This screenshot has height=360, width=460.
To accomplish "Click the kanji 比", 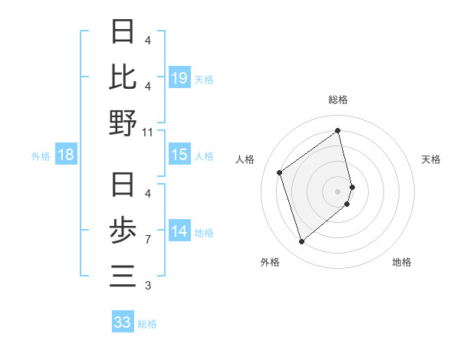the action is pos(123,77).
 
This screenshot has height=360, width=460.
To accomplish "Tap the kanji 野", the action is pos(123,123).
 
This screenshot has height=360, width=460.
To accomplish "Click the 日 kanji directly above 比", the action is pos(123,32).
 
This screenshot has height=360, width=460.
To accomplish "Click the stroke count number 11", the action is pos(148,133).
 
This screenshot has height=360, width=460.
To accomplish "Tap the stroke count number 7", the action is pos(148,240).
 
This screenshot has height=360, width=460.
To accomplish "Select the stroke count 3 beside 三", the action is pos(148,286).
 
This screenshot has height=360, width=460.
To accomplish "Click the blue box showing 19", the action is pos(179,77).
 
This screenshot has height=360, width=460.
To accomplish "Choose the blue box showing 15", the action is pos(179,155).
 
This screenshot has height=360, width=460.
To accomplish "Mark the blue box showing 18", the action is pos(66,155).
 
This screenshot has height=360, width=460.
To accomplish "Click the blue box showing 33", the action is pos(123,322).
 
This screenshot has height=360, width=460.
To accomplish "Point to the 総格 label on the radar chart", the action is pos(338,100).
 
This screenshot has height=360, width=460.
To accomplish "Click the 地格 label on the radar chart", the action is pos(402,262).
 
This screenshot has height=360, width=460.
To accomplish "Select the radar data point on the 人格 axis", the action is pos(280,172).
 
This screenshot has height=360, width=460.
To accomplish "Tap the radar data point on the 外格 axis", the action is pos(301,242).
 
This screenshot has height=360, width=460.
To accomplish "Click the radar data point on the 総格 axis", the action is pos(338,131).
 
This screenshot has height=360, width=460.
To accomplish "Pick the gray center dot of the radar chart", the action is pos(338,191).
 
